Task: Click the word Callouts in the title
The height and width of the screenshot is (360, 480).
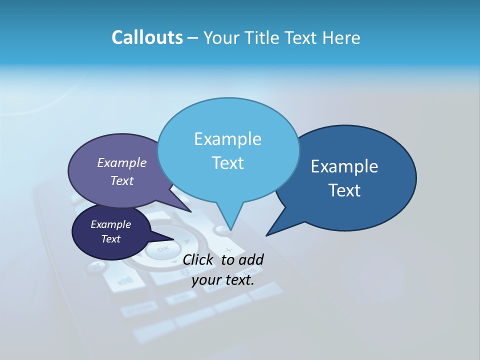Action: tap(147, 37)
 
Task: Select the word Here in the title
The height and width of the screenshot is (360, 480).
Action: tap(342, 37)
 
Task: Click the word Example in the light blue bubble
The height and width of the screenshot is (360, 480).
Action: tap(227, 139)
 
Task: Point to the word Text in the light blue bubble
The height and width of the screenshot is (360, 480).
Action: tap(227, 163)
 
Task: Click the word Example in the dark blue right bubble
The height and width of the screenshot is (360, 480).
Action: tap(344, 166)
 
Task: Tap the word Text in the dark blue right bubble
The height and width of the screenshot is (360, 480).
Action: tap(344, 190)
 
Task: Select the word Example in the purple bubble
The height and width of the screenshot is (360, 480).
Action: tap(121, 162)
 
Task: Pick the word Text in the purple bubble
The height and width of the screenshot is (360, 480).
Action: tap(121, 180)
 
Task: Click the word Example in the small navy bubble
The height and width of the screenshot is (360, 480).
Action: tap(110, 224)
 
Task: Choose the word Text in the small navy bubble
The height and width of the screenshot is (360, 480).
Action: tap(110, 239)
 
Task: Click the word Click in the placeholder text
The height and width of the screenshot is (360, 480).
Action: tap(198, 259)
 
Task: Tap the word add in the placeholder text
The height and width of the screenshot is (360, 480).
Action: tap(251, 259)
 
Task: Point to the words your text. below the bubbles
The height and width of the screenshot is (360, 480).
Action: tap(222, 280)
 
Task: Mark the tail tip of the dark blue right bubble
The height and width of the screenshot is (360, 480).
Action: tap(266, 235)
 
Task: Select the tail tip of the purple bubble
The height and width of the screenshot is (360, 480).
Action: tap(190, 211)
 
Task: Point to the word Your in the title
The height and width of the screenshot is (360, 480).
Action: tap(219, 37)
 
